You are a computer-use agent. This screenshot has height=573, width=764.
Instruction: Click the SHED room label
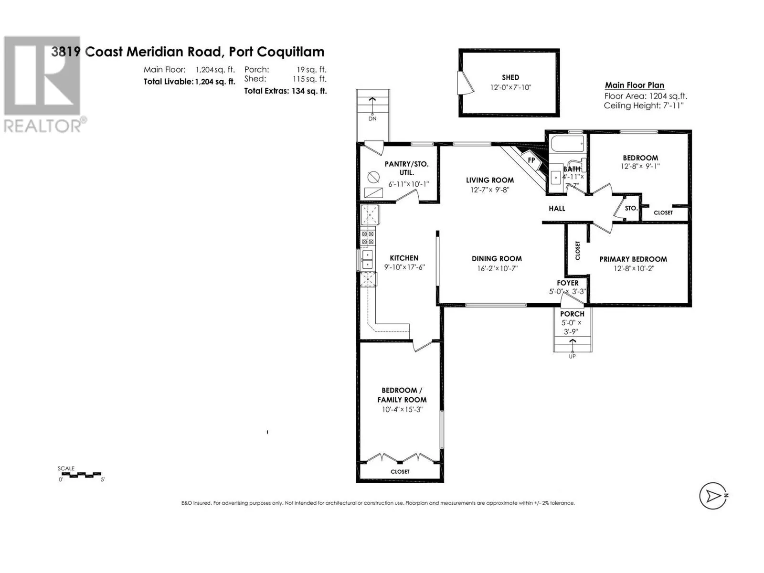510,77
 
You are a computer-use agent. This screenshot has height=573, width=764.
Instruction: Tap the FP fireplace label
531,160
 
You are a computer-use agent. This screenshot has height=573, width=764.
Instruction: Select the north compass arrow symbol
713,496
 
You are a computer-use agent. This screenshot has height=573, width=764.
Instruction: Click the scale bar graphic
81,475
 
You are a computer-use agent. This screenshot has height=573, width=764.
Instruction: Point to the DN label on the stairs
372,118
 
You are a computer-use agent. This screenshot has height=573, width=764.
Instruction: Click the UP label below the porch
572,356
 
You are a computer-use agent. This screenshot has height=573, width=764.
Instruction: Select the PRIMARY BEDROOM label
633,259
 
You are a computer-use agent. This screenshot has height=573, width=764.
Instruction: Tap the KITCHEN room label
404,258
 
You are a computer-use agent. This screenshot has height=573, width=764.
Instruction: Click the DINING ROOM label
497,258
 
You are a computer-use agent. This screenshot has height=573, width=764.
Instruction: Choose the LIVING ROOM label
490,180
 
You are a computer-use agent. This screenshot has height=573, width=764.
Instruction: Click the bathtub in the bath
568,143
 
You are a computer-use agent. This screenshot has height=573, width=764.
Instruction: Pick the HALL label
557,208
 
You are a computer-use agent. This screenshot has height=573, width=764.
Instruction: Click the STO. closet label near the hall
631,208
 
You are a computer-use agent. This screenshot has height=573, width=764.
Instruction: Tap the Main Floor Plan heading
634,85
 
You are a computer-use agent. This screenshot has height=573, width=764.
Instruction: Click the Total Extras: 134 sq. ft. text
286,91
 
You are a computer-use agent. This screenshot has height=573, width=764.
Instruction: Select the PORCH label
572,314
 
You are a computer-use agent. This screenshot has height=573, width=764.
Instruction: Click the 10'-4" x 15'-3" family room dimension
402,410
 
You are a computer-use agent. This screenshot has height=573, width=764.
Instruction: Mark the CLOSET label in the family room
400,471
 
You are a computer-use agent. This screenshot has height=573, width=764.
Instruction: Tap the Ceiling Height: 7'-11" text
643,106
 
